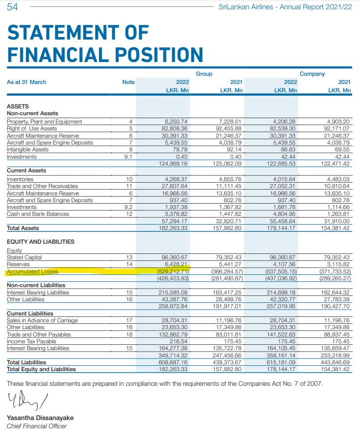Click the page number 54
(x=13, y=7)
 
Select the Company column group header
(x=312, y=74)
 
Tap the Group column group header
(x=204, y=74)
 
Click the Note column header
(x=128, y=82)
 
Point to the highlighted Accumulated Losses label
(x=33, y=272)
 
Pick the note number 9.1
(x=128, y=157)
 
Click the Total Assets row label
(x=23, y=228)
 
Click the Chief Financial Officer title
(x=37, y=426)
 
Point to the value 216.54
(x=178, y=341)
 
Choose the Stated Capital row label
(x=24, y=257)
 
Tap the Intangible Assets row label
(x=28, y=150)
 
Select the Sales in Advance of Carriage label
(x=42, y=320)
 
